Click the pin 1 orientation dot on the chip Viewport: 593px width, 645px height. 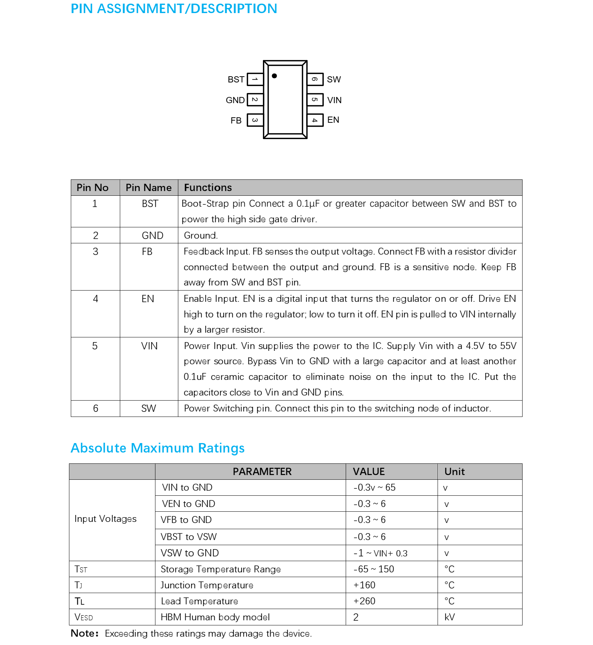pos(275,76)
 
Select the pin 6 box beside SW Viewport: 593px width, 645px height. pos(315,79)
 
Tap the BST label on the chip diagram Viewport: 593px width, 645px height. pos(236,80)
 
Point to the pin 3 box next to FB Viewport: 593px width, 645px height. pos(255,120)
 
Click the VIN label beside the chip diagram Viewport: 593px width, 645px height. pos(334,100)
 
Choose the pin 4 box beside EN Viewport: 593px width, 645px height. pos(315,120)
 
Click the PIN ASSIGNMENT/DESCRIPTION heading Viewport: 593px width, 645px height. pos(174,8)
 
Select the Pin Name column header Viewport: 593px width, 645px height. pos(149,187)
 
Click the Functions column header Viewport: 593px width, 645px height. pos(208,187)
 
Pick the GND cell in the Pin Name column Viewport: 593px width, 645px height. pos(153,235)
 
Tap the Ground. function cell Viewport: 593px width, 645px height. pos(201,235)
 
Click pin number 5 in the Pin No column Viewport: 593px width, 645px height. pos(95,346)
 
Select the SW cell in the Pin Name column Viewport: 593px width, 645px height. pos(149,409)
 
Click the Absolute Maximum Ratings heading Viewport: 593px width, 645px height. pos(158,448)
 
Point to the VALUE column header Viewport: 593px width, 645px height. pos(369,471)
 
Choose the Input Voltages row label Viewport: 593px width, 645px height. pos(105,519)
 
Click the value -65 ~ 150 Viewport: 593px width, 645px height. pos(374,569)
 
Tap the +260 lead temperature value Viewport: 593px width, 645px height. pos(364,601)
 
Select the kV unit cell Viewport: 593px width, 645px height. pos(450,617)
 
